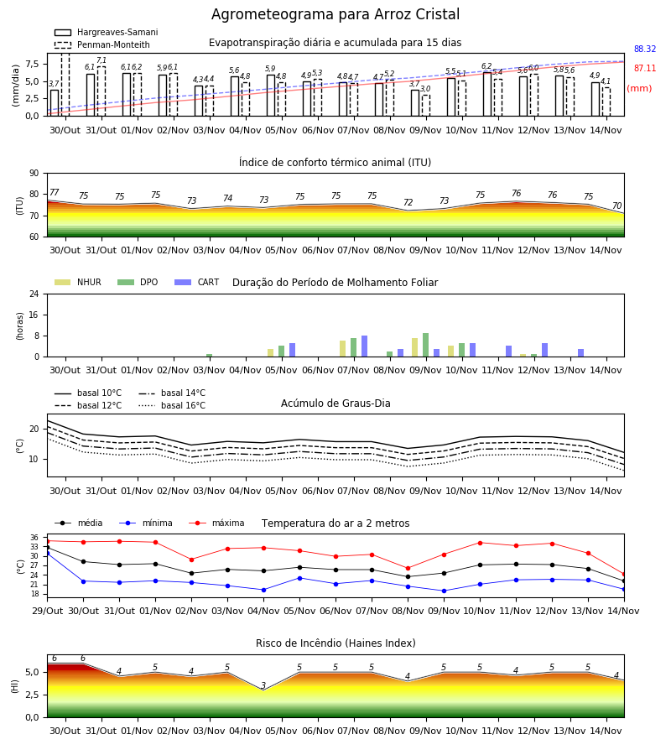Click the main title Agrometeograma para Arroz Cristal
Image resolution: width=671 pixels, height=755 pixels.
click(x=335, y=14)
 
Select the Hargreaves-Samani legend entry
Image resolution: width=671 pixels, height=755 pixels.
click(x=106, y=32)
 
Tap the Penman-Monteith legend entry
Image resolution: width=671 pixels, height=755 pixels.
click(x=102, y=44)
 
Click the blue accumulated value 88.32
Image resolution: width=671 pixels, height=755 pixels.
click(x=645, y=49)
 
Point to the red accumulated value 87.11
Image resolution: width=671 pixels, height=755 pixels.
click(x=645, y=69)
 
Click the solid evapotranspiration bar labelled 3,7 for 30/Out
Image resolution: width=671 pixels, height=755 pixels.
click(x=55, y=102)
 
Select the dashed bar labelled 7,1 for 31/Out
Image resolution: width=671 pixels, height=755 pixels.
click(x=101, y=91)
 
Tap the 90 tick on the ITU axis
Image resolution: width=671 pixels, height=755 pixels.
click(x=34, y=174)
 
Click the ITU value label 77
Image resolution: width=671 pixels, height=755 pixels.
click(x=55, y=192)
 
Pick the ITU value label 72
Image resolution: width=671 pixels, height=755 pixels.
click(x=408, y=202)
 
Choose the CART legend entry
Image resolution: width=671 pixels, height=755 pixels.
click(x=197, y=282)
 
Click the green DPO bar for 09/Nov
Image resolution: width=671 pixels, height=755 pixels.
click(x=425, y=345)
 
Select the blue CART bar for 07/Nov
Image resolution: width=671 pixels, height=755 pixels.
click(x=364, y=346)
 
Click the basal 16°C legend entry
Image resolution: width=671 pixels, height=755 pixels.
click(x=172, y=405)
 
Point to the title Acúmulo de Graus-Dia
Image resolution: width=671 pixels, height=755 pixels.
click(x=335, y=403)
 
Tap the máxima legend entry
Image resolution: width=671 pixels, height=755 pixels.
click(x=216, y=523)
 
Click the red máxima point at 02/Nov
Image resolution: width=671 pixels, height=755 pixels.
click(x=191, y=560)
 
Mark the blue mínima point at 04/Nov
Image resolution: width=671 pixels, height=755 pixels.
click(x=263, y=590)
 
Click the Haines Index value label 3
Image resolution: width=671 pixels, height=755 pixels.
click(x=263, y=685)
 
